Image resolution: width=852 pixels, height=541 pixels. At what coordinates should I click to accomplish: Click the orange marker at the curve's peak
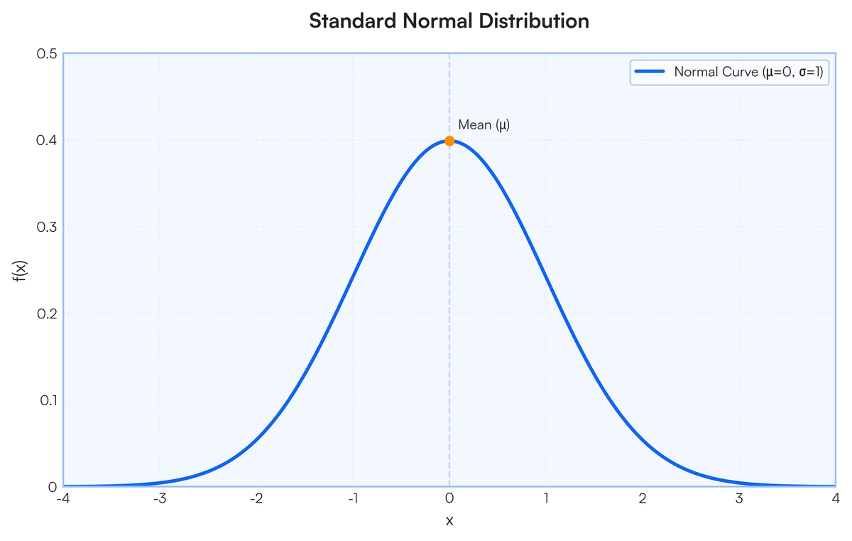click(x=449, y=141)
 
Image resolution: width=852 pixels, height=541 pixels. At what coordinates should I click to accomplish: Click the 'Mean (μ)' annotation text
click(x=484, y=125)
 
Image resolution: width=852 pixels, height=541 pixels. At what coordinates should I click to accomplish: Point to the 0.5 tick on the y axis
click(x=47, y=53)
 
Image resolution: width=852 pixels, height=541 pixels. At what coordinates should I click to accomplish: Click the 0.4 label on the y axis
click(x=47, y=140)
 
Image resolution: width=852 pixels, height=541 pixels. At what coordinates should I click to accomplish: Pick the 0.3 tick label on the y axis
click(x=47, y=227)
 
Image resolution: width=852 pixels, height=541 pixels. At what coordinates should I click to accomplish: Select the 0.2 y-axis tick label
click(x=47, y=314)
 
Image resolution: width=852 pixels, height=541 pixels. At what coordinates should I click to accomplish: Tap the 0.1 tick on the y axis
click(x=47, y=400)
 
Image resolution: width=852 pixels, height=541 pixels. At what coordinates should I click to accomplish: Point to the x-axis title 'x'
click(x=449, y=520)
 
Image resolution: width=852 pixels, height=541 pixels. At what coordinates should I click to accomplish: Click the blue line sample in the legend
click(x=650, y=72)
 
